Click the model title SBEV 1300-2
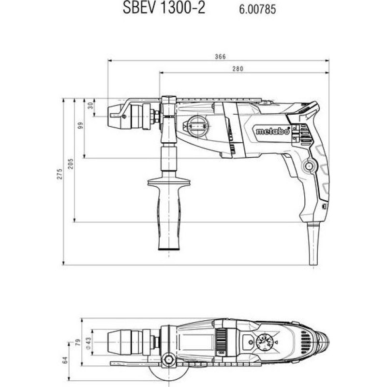pos(164,8)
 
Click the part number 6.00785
pos(257,10)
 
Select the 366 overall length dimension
pos(220,57)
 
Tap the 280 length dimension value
pos(238,69)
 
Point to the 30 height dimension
pos(90,105)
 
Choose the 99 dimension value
pos(80,125)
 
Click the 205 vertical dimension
pos(71,164)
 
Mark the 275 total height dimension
pos(60,174)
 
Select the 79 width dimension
pos(78,342)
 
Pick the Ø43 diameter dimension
pos(89,342)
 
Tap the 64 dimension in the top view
pos(65,360)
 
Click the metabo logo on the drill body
pos(272,131)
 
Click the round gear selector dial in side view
pos(197,126)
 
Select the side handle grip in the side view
pos(169,213)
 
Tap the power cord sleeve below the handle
pos(313,244)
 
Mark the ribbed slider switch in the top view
pos(221,342)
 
